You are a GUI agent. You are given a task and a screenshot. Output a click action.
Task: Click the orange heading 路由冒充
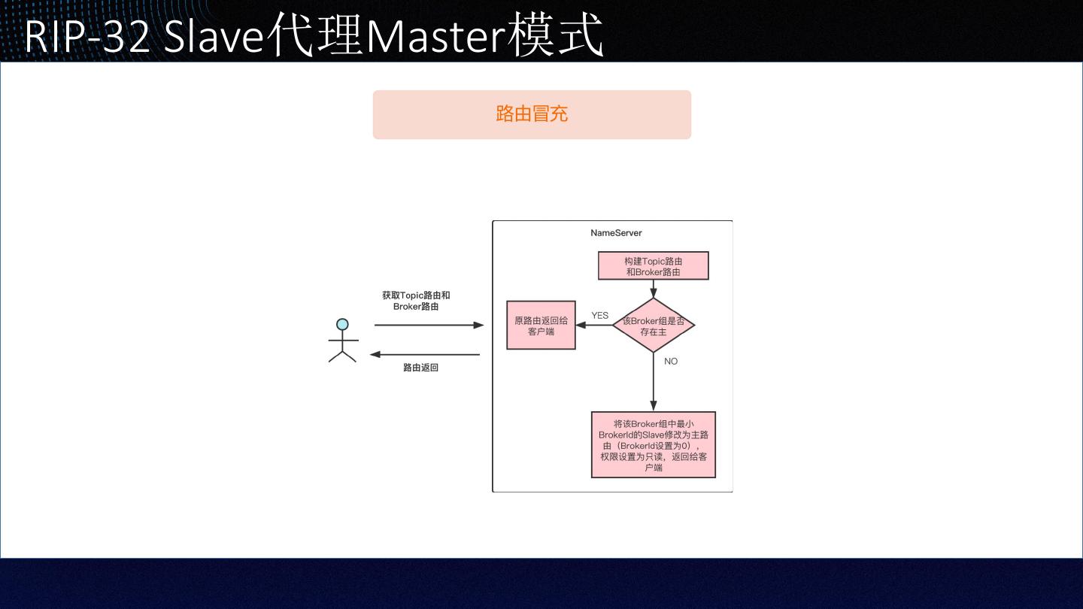pos(532,114)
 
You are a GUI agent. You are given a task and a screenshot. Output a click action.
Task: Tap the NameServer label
pos(616,233)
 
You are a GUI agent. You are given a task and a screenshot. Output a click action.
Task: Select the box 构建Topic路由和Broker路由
pos(653,266)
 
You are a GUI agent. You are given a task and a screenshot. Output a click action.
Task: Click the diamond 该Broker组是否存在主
pos(653,326)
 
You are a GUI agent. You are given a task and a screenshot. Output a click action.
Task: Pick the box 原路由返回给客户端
pos(541,326)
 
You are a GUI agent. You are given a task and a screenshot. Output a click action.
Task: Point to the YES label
pos(599,316)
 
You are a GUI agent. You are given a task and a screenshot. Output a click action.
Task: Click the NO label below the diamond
pos(671,362)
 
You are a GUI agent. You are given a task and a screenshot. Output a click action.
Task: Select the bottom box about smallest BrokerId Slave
pos(653,445)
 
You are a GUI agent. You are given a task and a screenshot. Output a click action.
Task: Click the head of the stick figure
pos(342,325)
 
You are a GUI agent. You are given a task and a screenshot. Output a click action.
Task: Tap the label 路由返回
pos(420,368)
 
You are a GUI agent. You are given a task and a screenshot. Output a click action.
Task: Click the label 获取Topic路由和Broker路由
pos(416,301)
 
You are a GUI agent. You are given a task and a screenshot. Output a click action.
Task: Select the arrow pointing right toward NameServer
pos(429,326)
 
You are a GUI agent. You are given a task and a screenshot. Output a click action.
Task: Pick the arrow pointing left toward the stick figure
pos(425,355)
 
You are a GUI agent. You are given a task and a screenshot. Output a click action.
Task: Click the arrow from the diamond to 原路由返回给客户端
pos(594,326)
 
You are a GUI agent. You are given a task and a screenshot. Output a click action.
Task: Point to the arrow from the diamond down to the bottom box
pos(653,382)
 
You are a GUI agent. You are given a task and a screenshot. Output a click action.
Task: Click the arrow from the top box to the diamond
pos(653,289)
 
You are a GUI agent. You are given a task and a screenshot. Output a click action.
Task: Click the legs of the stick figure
pos(342,356)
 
